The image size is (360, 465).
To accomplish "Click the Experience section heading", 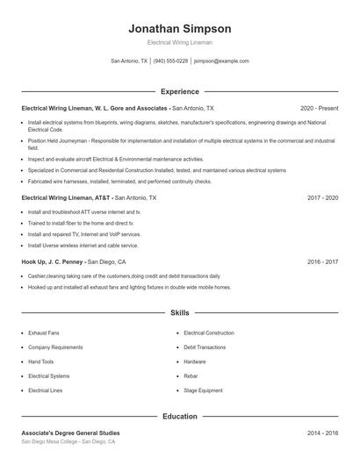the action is tap(180, 91).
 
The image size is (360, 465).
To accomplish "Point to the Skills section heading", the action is tap(180, 312).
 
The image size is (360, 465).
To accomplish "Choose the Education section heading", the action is tap(180, 417).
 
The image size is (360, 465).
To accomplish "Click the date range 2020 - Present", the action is tap(319, 108).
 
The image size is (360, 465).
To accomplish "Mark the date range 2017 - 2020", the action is tap(322, 198).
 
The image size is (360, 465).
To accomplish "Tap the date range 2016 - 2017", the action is tap(322, 261).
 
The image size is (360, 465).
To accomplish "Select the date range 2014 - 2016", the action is tap(322, 433).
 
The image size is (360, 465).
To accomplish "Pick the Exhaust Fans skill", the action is tap(44, 333).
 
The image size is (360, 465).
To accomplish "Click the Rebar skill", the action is tap(191, 376).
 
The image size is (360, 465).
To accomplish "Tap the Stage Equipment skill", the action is tap(203, 390).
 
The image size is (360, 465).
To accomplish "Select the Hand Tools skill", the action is tap(40, 361).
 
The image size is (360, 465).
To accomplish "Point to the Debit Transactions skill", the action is tap(205, 347).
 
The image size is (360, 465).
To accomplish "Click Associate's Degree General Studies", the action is tap(70, 433).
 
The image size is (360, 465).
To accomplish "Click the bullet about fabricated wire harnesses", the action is tap(119, 182).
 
